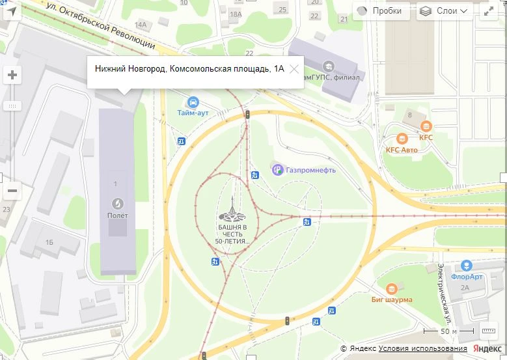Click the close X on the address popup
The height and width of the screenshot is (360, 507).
[294, 68]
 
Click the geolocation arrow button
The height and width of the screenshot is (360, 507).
[12, 11]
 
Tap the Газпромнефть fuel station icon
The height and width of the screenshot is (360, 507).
[277, 170]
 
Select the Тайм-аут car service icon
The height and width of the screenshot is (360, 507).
[193, 102]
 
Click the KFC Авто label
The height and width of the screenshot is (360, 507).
[402, 149]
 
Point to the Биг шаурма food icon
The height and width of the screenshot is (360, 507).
[391, 288]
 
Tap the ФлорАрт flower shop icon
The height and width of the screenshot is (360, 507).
[466, 266]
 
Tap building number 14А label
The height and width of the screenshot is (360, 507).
[141, 25]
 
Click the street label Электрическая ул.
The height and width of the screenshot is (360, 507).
[445, 293]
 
